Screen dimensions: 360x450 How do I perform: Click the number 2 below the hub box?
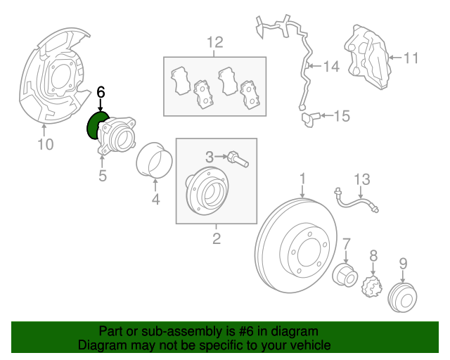click(x=216, y=239)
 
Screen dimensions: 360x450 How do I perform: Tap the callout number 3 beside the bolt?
click(x=210, y=155)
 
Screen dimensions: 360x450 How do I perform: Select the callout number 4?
click(x=156, y=200)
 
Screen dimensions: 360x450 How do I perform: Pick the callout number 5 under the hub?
click(x=103, y=176)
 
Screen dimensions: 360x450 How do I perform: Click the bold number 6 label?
click(x=101, y=92)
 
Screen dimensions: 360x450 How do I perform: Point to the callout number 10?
click(x=45, y=146)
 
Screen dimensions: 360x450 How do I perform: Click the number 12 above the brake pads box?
click(x=214, y=42)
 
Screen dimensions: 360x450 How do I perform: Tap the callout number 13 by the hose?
click(x=361, y=181)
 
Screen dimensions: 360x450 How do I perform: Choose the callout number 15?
click(x=341, y=116)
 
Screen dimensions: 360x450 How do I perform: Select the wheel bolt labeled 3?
click(x=236, y=159)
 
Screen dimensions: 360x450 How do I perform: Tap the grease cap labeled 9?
click(x=400, y=299)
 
